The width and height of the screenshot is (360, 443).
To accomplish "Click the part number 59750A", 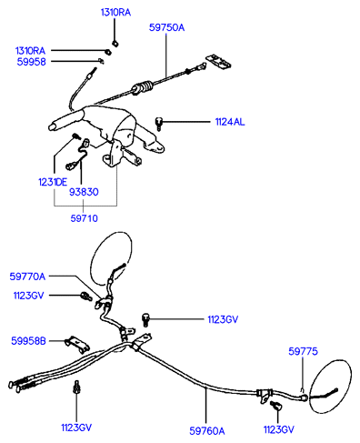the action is click(166, 27).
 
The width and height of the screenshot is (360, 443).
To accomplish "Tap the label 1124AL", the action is click(230, 122).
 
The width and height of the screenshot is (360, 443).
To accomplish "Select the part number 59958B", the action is click(28, 341).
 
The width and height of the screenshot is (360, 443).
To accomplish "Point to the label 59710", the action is click(84, 218).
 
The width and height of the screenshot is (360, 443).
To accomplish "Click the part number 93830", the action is click(84, 192).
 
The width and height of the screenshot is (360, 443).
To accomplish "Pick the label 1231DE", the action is click(53, 182).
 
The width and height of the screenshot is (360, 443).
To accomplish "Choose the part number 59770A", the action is click(27, 277).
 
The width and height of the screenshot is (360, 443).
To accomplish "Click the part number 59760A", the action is click(207, 431).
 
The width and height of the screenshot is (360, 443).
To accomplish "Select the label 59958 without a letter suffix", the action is click(31, 62).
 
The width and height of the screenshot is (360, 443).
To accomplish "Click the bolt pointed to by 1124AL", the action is click(159, 124).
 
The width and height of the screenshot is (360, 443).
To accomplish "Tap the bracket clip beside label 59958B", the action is click(77, 345).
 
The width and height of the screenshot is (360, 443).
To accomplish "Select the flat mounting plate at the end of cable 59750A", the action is click(219, 62).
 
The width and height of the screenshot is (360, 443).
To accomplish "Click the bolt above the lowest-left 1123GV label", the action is click(76, 388).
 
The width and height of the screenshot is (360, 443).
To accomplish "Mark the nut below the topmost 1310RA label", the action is click(115, 44).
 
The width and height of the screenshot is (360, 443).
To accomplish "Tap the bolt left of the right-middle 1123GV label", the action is click(145, 320).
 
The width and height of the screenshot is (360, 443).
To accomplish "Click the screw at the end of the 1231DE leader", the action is click(75, 136).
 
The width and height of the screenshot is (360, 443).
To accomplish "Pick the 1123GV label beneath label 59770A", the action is click(29, 296).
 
